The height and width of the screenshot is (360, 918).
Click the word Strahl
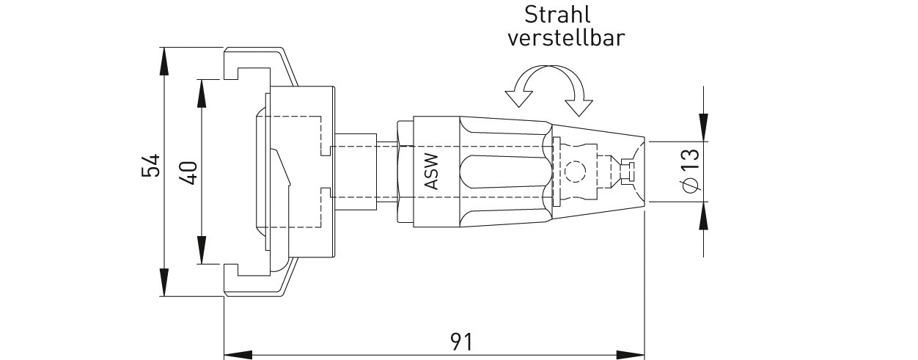557,15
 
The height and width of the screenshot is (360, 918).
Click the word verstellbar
566,37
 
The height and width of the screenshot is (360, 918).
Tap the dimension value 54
150,165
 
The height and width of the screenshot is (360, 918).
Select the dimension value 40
188,172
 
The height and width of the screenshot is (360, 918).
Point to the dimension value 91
461,342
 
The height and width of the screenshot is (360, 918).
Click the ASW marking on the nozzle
432,172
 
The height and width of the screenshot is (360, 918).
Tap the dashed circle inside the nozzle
575,172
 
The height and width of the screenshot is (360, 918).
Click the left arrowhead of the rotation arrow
518,98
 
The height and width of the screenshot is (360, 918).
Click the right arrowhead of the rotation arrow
579,108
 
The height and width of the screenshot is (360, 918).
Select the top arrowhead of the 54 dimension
164,61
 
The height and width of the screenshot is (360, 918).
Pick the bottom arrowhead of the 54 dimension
164,282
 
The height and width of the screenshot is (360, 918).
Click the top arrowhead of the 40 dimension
202,94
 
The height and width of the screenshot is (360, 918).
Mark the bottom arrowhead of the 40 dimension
202,250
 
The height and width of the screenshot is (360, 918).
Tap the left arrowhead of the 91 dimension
238,355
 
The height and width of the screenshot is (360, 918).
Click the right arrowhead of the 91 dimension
631,355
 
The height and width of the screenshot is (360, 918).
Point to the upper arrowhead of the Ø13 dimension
704,127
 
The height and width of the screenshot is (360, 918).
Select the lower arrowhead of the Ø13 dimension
704,216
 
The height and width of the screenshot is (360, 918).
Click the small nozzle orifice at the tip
631,171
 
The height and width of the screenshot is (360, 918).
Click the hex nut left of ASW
405,172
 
